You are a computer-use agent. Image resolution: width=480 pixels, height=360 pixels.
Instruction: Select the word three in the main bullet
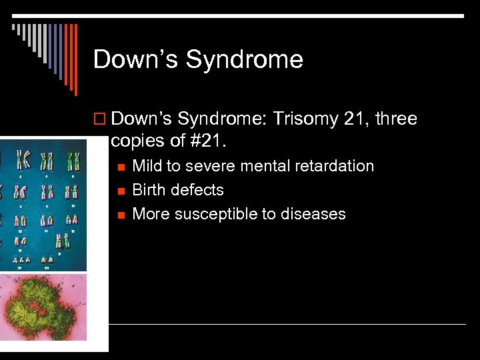point(395,119)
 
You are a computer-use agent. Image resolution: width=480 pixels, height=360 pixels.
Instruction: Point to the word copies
point(135,141)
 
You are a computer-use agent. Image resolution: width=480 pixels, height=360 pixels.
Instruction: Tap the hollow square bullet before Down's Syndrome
point(100,120)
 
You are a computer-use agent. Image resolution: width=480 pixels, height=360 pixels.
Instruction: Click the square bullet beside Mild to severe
point(120,167)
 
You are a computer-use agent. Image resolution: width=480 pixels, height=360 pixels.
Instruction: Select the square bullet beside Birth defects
point(120,191)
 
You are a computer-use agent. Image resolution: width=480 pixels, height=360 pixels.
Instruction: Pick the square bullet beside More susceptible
point(120,215)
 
